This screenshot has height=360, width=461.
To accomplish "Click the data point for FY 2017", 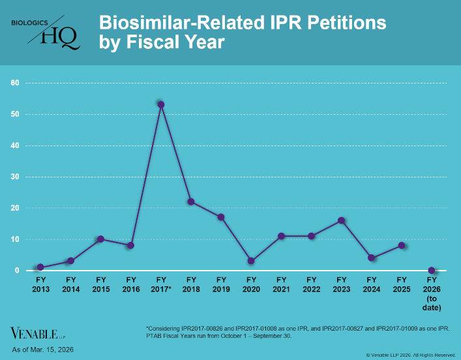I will click(x=161, y=104).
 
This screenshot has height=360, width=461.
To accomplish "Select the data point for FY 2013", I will click(x=40, y=267).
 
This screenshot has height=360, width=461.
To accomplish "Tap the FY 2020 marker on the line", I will click(x=251, y=261).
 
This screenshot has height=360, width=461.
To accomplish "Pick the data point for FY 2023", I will click(x=341, y=220).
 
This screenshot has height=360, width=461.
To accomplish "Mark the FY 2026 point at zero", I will click(x=432, y=270).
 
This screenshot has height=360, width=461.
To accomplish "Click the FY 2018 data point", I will click(x=191, y=202).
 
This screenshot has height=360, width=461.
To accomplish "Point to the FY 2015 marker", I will click(x=100, y=239).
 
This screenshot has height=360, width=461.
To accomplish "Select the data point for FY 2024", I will click(x=371, y=258).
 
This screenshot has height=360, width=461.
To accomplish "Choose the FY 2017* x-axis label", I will click(x=161, y=284).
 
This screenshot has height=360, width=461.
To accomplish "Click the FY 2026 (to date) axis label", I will click(x=432, y=293).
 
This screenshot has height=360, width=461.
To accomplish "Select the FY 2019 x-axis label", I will click(x=221, y=284).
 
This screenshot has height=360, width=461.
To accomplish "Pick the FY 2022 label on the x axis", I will click(x=311, y=284).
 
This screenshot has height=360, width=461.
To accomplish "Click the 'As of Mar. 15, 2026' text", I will click(x=42, y=350).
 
